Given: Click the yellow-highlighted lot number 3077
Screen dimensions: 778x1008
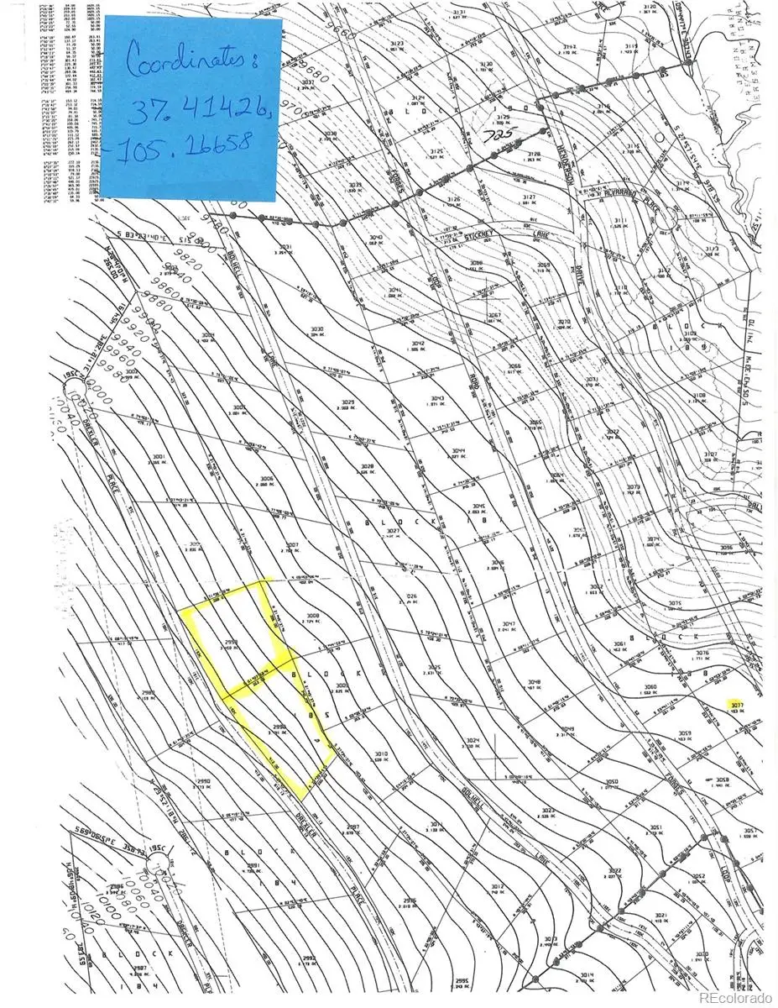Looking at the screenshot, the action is [x=738, y=704].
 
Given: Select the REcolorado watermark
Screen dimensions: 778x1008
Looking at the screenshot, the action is [x=735, y=997].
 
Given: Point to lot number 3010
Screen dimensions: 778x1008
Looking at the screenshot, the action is [x=380, y=754].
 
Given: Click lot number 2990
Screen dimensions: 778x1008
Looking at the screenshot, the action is [x=201, y=781].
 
